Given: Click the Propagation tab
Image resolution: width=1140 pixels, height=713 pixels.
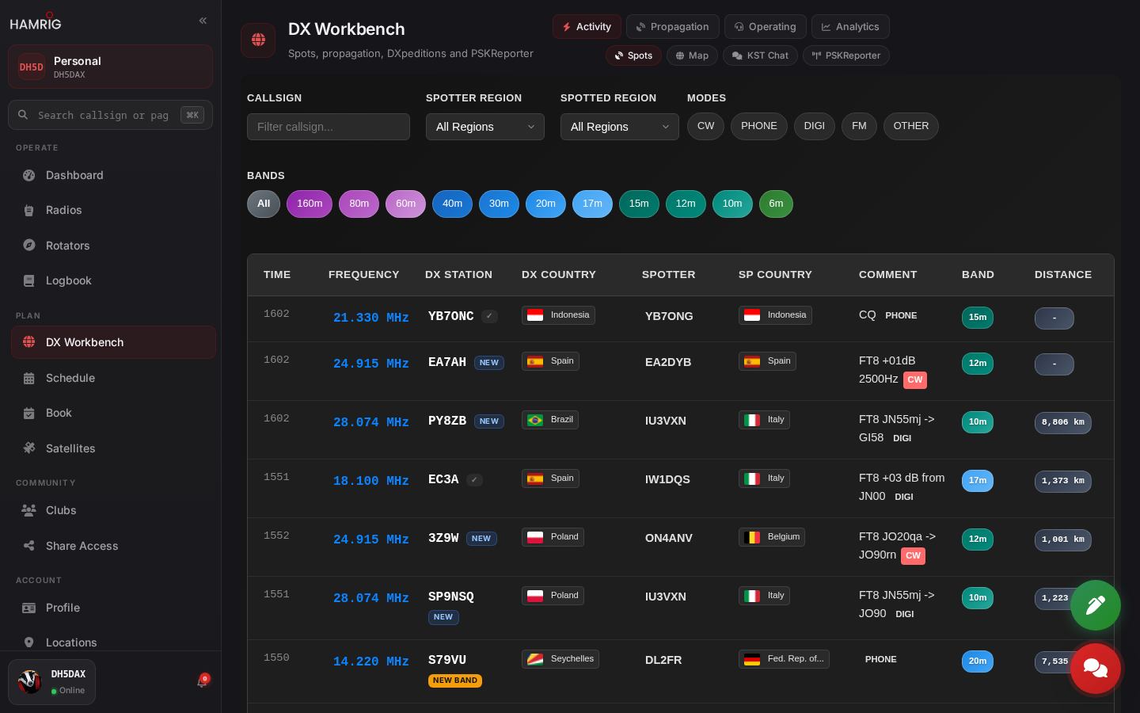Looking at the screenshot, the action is point(672,26).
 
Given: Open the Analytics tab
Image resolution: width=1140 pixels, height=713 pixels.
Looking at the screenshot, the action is point(850,26).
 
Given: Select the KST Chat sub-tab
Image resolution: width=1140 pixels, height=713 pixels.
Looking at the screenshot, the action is point(760,55).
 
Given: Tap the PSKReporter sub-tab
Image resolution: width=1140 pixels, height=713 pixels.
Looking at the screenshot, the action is point(845,55).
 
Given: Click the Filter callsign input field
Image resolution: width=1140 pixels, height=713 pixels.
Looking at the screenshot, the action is point(329,127).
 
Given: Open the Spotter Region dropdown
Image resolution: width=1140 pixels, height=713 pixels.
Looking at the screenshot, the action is point(485,127).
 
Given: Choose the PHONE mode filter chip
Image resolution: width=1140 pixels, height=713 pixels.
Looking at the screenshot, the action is point(758,126).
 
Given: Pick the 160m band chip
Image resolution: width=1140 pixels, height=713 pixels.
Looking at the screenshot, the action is point(310,204).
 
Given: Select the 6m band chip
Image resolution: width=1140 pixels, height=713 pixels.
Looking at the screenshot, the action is point(776,204).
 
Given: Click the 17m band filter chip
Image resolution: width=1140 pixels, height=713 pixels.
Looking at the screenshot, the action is point(592,204).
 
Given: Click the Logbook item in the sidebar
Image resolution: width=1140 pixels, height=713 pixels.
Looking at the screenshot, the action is point(68,280).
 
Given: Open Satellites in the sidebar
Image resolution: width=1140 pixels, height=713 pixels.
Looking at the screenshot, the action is point(70,448).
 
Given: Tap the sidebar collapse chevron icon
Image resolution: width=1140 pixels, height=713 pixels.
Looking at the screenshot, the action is point(203,21).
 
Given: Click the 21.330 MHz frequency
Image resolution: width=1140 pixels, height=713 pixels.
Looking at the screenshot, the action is point(371,318).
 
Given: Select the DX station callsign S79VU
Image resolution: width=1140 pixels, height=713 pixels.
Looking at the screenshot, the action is point(446,660).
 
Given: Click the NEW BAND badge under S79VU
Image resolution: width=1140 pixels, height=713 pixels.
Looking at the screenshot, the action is point(455,681).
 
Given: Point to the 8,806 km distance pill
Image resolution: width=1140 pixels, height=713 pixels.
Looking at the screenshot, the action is point(1062,423).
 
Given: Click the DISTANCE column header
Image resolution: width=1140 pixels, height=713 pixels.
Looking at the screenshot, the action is point(1063,274).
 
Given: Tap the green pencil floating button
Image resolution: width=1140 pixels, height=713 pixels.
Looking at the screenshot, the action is point(1095,605).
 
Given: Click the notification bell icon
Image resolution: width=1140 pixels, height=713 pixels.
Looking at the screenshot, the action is point(202,682).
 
